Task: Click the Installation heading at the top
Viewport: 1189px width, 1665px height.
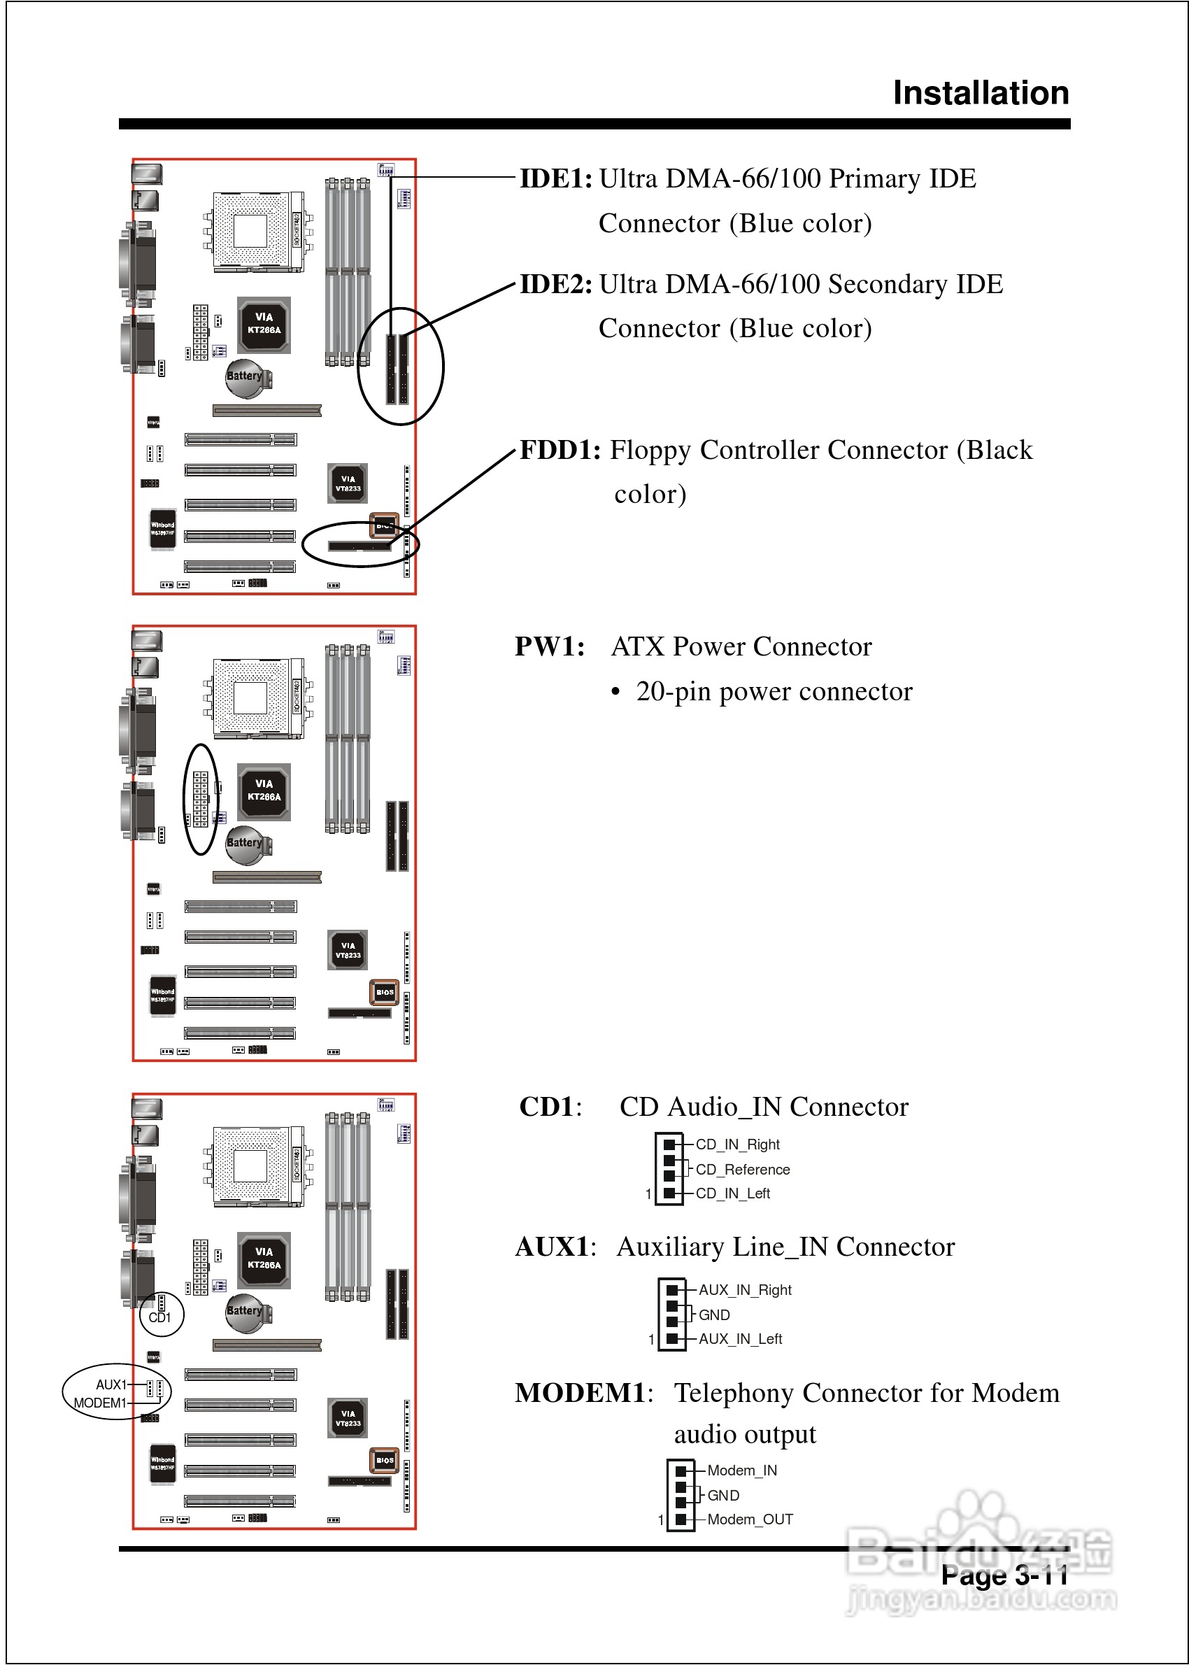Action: point(981,93)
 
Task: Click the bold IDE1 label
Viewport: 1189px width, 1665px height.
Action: point(555,178)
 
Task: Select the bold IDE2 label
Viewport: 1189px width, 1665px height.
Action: point(555,284)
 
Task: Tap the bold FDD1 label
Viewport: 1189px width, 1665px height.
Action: point(560,450)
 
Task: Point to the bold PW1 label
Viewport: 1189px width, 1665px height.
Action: point(549,646)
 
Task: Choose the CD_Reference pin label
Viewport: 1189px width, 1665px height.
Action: point(742,1169)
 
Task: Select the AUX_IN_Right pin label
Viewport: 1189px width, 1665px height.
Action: point(745,1289)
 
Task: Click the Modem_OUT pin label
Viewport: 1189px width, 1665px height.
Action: point(750,1519)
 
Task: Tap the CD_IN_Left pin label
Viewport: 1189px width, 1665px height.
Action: point(732,1193)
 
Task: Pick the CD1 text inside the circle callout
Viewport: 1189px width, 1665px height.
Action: point(159,1317)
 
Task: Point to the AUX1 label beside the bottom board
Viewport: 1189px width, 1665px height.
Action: point(111,1384)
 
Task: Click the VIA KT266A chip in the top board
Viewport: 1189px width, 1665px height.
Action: point(264,325)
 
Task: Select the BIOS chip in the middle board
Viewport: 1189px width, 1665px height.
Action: point(385,992)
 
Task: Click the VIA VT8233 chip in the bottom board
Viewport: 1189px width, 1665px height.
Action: point(348,1418)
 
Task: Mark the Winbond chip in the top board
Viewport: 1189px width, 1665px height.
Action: point(162,528)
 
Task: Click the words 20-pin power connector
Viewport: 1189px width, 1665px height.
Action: point(774,692)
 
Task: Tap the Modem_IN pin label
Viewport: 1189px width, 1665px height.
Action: point(741,1471)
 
